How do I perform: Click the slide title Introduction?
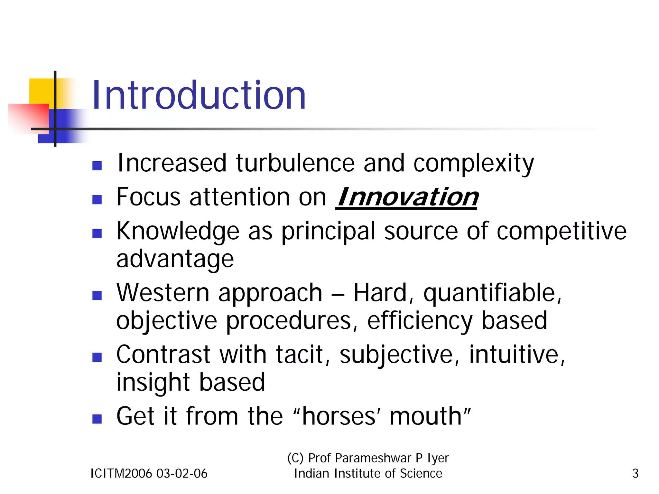tap(199, 96)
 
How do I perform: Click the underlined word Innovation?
tap(407, 197)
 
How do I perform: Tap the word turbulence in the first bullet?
tap(295, 163)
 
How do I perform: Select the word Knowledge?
tap(178, 231)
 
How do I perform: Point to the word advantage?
tap(175, 259)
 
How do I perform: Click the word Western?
tap(163, 293)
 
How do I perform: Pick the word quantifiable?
tap(492, 293)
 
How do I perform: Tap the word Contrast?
tap(163, 355)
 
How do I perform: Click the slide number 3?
tap(635, 473)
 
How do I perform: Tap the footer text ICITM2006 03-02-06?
tap(149, 473)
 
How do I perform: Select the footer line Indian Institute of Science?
tap(368, 473)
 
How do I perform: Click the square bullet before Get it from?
tap(97, 419)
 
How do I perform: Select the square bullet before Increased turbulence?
tap(97, 166)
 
